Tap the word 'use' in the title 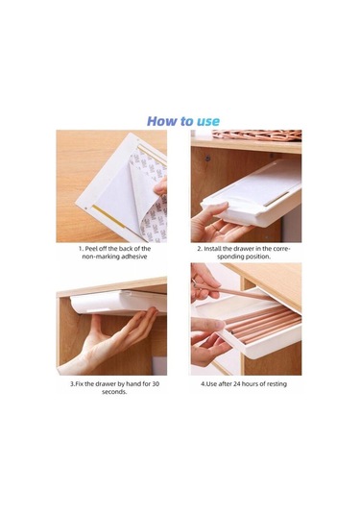(x=208, y=122)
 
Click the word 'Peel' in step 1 (x=92, y=249)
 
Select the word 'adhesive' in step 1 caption (x=134, y=257)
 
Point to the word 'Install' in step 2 (x=212, y=249)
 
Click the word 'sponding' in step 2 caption (x=229, y=257)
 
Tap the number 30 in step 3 (x=156, y=383)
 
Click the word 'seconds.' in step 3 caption (x=114, y=392)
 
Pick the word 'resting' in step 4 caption (x=276, y=384)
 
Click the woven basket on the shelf (x=257, y=135)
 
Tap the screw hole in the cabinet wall (x=207, y=159)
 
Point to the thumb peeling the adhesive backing (x=160, y=187)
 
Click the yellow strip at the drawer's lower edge (x=108, y=216)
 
